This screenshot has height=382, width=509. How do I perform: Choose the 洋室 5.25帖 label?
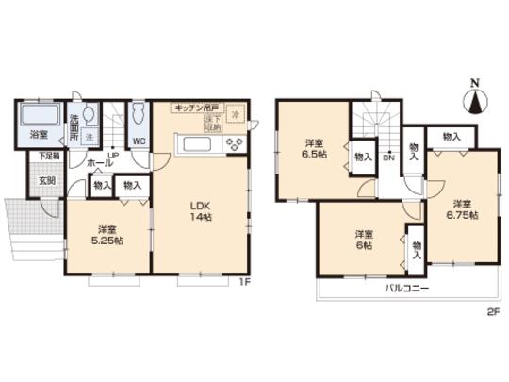pyautogui.click(x=103, y=236)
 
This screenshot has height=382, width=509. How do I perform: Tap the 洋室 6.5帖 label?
pyautogui.click(x=314, y=149)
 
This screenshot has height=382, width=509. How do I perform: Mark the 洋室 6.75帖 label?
pyautogui.click(x=460, y=209)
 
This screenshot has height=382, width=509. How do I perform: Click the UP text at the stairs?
pyautogui.click(x=112, y=155)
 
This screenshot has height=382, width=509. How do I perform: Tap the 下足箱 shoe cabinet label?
pyautogui.click(x=49, y=157)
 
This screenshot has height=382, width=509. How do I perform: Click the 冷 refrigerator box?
pyautogui.click(x=237, y=114)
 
